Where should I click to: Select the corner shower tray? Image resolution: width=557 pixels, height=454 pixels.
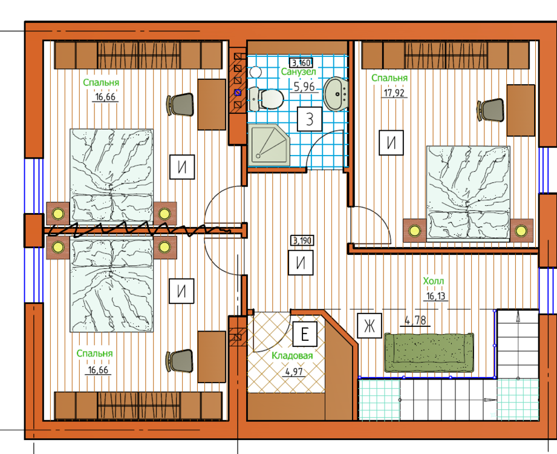click(x=269, y=145)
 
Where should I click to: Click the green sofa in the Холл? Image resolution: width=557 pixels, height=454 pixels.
click(x=429, y=352)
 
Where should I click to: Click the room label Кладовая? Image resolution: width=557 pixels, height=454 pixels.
click(x=292, y=355)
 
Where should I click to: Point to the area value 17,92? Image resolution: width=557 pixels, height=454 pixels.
click(x=394, y=93)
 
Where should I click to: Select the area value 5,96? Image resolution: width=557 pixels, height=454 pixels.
click(x=304, y=87)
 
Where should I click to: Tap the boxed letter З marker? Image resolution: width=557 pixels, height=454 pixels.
click(x=310, y=119)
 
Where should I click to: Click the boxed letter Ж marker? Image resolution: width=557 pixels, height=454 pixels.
click(x=370, y=325)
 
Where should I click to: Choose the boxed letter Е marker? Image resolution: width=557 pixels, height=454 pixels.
click(x=305, y=334)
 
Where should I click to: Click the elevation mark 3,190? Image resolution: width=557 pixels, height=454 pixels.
click(x=302, y=241)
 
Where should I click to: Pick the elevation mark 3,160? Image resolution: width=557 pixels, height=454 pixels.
click(x=301, y=63)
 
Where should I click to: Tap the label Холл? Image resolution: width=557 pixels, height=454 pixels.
click(x=434, y=281)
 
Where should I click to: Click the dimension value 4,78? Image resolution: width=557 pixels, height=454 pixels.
click(x=415, y=320)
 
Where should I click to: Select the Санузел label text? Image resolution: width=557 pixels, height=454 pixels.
click(x=298, y=71)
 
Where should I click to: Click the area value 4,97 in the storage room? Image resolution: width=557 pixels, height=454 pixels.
click(x=294, y=372)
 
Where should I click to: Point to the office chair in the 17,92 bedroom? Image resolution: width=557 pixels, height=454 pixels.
click(x=491, y=110)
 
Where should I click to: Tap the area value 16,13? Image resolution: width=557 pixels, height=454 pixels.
click(x=435, y=296)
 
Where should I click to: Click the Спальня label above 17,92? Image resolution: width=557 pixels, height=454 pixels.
click(x=389, y=78)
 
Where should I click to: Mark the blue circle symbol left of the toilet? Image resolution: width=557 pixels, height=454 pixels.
click(x=238, y=93)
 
